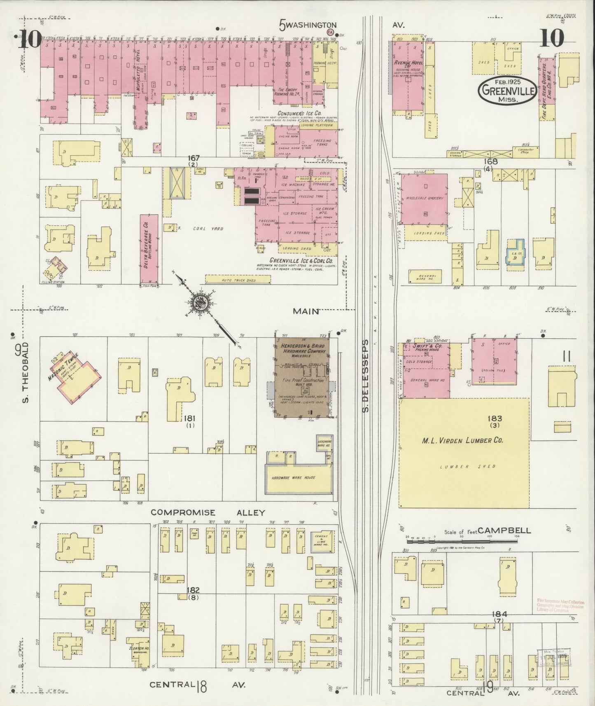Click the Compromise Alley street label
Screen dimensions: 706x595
click(208, 512)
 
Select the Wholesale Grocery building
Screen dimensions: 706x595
click(425, 199)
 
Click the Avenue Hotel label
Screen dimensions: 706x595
click(407, 62)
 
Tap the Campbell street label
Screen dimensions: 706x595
click(504, 531)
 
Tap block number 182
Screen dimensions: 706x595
click(193, 590)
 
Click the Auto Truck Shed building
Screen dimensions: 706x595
click(238, 280)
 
